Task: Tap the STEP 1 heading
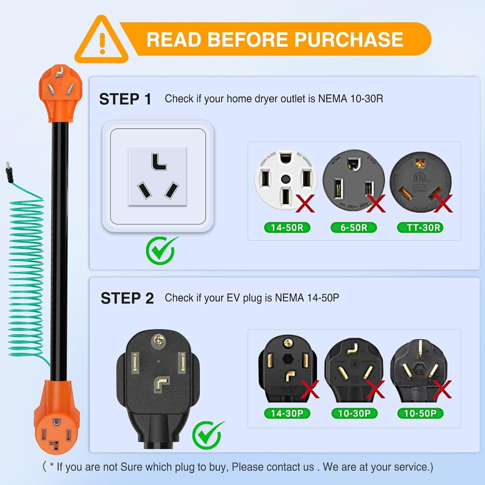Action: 125,99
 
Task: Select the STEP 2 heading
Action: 127,298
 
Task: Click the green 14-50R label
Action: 287,228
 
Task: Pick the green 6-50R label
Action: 354,228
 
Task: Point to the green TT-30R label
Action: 420,228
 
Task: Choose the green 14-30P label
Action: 287,413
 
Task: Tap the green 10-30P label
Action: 354,413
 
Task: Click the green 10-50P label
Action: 420,413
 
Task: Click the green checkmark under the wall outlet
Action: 161,250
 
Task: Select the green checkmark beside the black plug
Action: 207,435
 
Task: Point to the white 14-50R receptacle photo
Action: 286,179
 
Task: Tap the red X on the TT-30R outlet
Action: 443,203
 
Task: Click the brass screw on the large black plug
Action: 158,340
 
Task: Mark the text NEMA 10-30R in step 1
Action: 350,99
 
